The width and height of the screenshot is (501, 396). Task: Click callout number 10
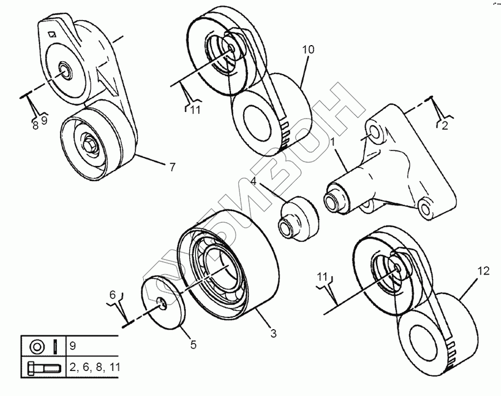(x=308, y=50)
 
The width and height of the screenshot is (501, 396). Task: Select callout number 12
(x=483, y=271)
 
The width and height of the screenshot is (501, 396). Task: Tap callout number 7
(x=172, y=166)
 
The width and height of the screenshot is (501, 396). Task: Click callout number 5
(x=193, y=345)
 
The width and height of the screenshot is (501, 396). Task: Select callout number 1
(x=332, y=143)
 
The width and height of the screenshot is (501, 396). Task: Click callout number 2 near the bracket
(x=444, y=126)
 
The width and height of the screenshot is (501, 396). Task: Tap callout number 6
(x=112, y=294)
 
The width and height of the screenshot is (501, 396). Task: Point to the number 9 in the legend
(x=73, y=346)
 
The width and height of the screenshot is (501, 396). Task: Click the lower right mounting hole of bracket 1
(x=425, y=209)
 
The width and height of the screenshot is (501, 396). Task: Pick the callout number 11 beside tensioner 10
(x=195, y=110)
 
